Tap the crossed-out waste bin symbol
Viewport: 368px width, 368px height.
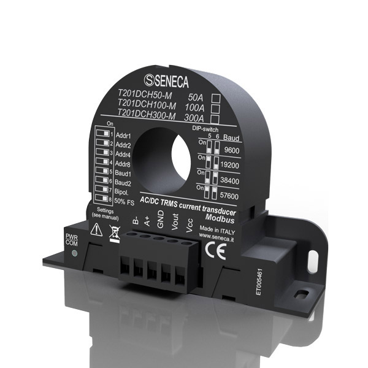(113, 231)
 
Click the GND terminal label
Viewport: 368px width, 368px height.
(159, 224)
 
